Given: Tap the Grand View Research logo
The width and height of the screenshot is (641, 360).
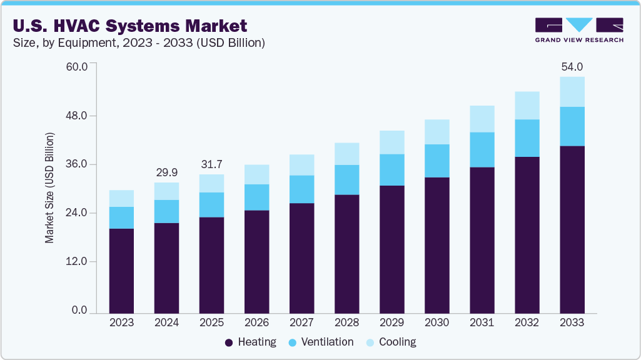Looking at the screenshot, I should pos(579,30).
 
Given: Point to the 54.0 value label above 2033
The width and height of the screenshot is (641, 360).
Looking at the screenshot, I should pos(572,66).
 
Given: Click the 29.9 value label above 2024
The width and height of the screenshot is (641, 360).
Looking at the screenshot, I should pos(166,172).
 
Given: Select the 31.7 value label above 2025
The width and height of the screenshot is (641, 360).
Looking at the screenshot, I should pos(211,164).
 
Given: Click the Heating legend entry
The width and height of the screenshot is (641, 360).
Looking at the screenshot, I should pos(251,342).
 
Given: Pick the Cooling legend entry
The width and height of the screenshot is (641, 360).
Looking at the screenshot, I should pos(391,342).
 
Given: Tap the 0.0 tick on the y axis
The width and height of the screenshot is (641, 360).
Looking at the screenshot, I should pos(79,311).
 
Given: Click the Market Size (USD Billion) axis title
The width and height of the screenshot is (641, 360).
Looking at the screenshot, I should pos(49,188).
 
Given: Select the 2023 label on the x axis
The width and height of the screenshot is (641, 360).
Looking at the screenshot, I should pos(121,323).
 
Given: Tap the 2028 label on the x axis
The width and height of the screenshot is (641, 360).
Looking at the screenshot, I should pos(346,323).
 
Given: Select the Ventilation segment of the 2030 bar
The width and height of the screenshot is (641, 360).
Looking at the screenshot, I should pos(437,161).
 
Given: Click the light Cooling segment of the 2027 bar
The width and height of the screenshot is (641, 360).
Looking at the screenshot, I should pos(301,164).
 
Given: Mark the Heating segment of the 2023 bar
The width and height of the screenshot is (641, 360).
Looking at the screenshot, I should pos(121,270).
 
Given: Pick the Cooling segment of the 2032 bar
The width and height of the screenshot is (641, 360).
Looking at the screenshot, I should pos(527,105).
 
